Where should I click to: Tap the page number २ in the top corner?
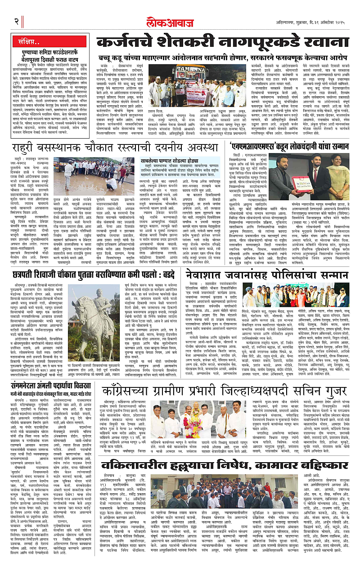point(16,21)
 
